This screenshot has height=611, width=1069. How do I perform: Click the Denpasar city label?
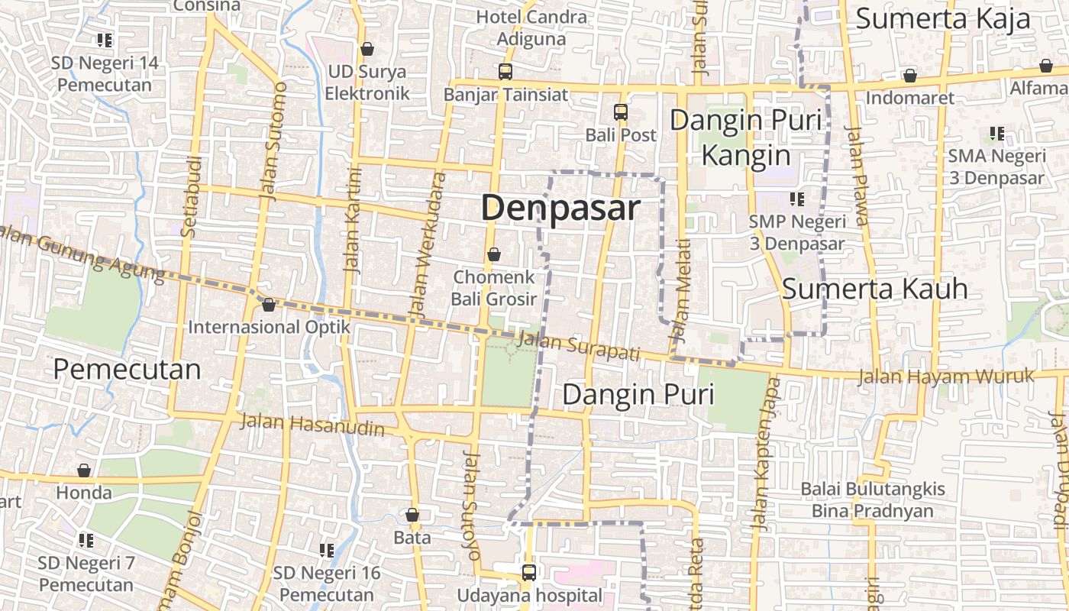click(x=560, y=208)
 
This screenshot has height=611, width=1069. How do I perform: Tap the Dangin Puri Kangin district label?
click(x=745, y=137)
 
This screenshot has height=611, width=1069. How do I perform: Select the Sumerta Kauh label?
click(x=875, y=289)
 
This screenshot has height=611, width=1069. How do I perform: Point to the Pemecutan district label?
click(x=127, y=370)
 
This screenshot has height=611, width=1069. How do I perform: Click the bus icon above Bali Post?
click(x=621, y=112)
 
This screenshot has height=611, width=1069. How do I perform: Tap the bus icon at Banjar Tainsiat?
click(x=505, y=72)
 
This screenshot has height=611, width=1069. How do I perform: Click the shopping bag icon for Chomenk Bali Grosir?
click(x=494, y=254)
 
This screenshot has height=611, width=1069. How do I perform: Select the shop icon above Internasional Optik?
click(x=268, y=305)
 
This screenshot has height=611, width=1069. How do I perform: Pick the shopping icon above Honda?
click(x=84, y=470)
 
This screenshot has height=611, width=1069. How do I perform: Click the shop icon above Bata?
click(x=412, y=516)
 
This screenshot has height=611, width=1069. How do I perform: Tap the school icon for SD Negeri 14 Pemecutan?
click(x=105, y=40)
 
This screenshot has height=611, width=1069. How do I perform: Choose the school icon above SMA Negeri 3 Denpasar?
click(x=996, y=134)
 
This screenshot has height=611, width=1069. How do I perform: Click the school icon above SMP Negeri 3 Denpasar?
click(x=797, y=200)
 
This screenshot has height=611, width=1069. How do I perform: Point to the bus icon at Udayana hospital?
click(x=528, y=572)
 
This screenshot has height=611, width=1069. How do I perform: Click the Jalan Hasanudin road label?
click(x=312, y=425)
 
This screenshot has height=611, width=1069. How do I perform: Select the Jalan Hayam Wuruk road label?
click(x=945, y=377)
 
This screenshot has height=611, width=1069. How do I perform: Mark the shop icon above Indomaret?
click(x=909, y=76)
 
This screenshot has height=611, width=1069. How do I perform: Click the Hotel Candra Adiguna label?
click(x=531, y=27)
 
